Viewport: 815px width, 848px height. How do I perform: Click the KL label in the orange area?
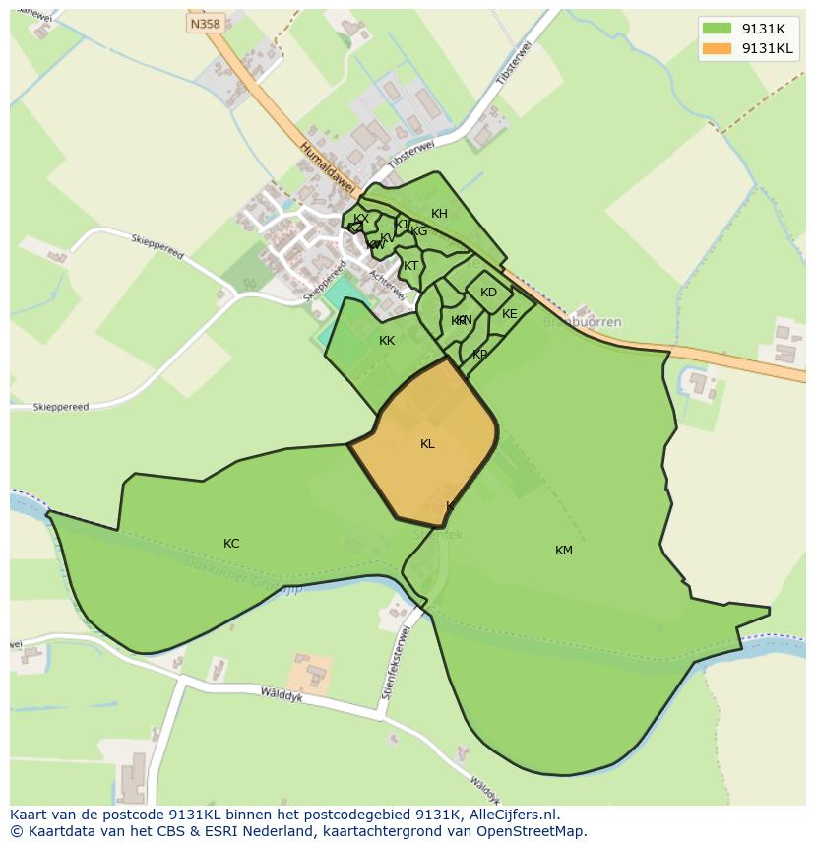pos(427,444)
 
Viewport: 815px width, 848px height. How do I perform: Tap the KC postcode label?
pos(231,544)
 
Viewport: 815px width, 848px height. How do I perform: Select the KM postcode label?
pos(563,551)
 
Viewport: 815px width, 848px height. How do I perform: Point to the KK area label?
pos(387,341)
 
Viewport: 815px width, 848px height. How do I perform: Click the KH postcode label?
pos(439,214)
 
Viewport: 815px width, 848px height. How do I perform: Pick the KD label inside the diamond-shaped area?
pos(488,293)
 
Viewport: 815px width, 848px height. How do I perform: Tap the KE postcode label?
pos(509,314)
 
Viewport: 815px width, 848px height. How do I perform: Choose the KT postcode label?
pos(411,266)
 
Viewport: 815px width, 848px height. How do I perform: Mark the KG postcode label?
pos(419,231)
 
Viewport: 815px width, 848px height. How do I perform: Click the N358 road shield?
pos(206,23)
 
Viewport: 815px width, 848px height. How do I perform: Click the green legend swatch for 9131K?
pos(719,30)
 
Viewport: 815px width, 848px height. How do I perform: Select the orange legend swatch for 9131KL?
pos(719,48)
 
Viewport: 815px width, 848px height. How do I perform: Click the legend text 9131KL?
pos(767,48)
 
